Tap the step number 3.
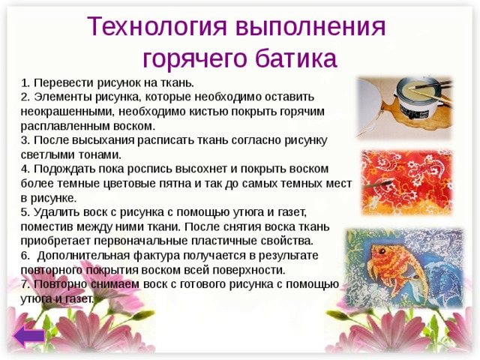click(x=25, y=139)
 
